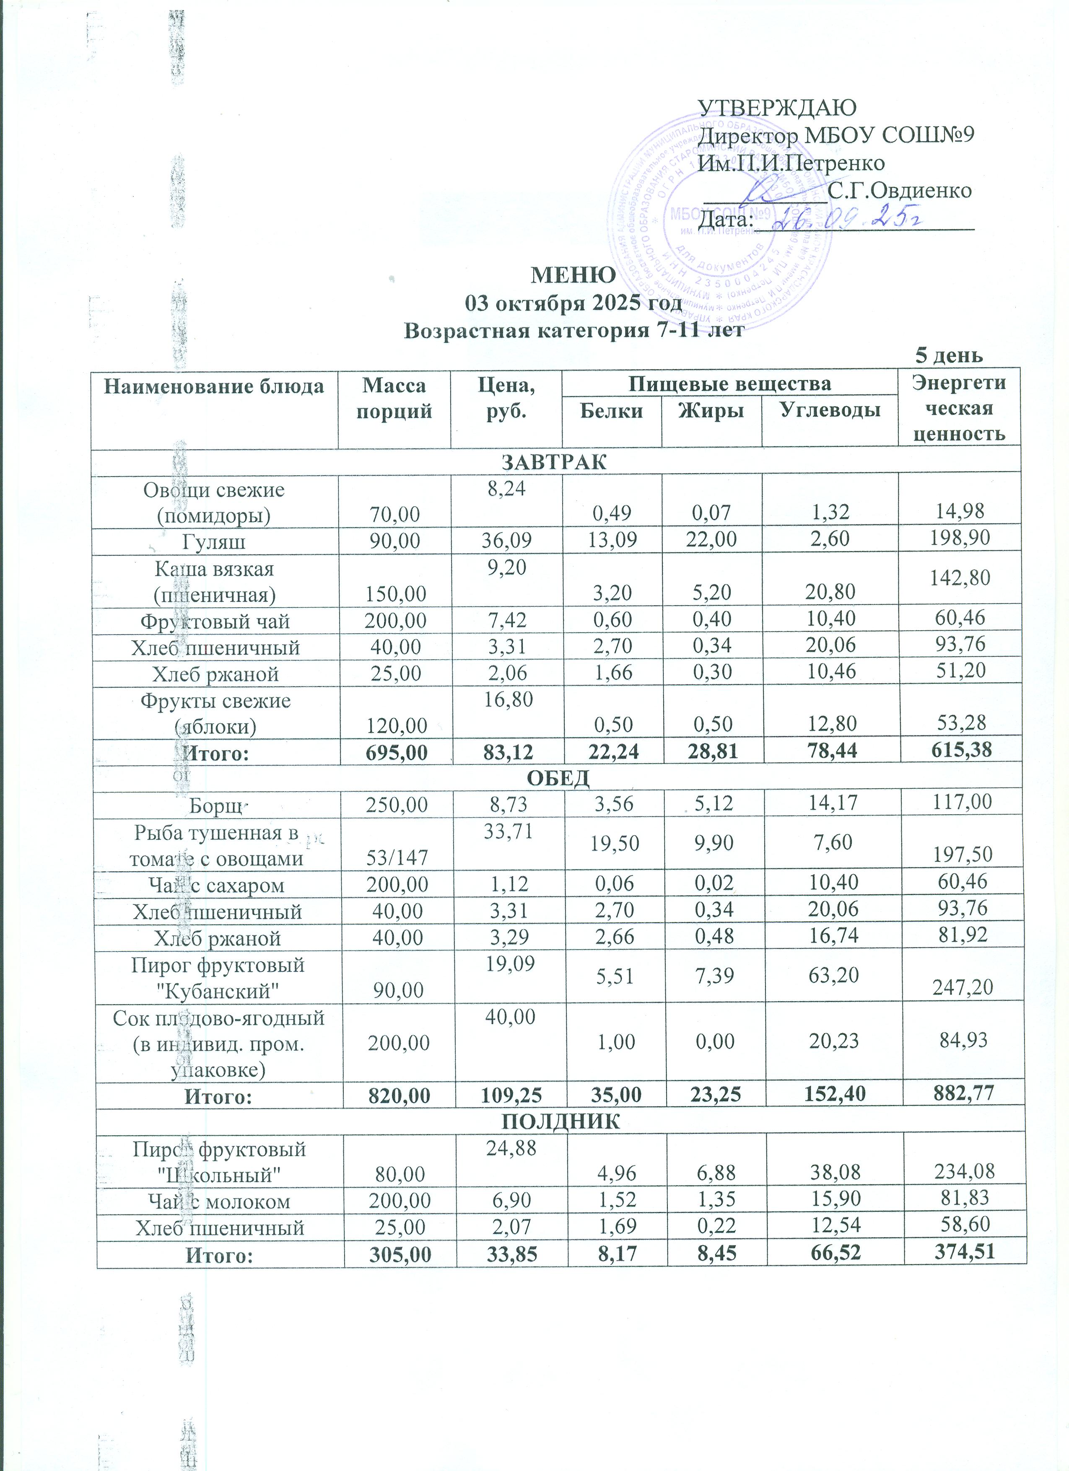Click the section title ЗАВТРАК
tap(555, 462)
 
